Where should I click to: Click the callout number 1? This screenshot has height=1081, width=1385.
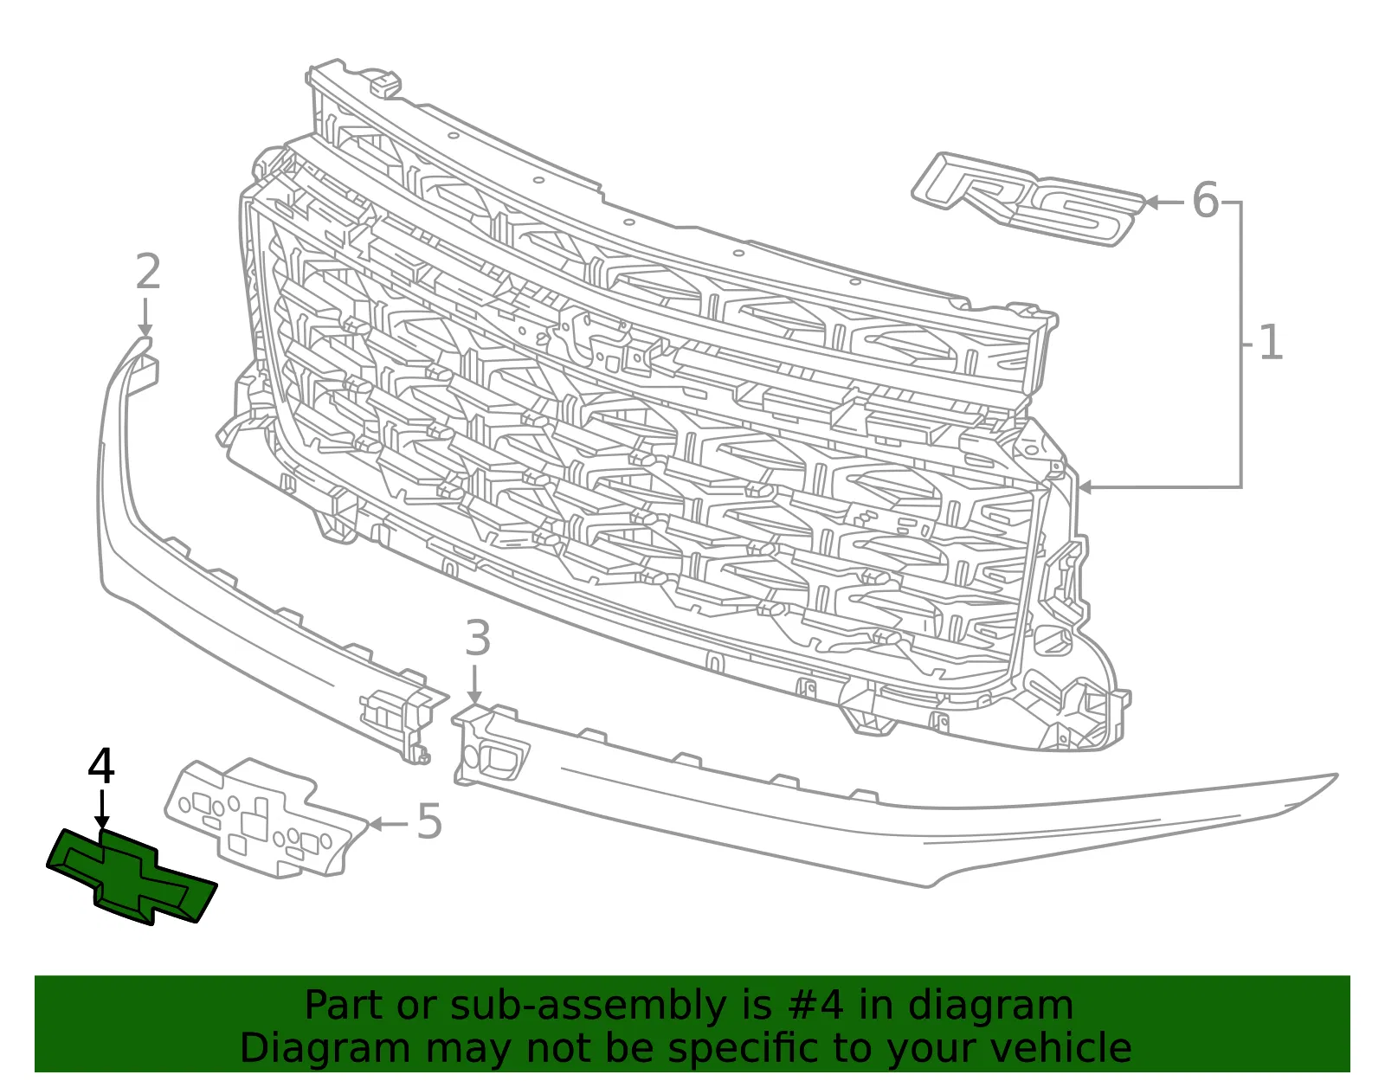1270,342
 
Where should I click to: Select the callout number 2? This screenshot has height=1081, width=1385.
149,272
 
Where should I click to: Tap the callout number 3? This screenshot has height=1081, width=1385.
478,638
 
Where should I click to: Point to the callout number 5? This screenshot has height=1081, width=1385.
429,821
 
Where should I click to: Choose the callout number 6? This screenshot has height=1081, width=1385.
1205,200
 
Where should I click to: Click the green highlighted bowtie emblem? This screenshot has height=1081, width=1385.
132,878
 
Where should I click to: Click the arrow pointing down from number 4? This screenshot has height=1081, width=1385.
102,809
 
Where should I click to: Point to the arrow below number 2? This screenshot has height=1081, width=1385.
146,318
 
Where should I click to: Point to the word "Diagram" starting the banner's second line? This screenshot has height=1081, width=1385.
325,1048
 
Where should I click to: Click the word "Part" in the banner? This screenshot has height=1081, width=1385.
345,1005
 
